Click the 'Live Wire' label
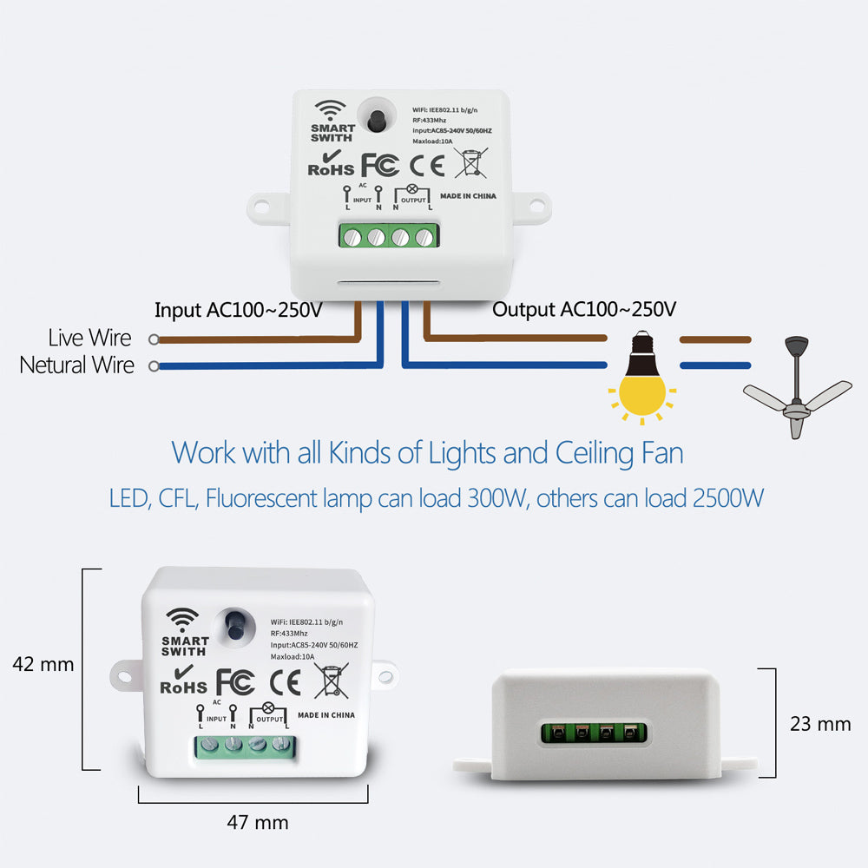pos(90,338)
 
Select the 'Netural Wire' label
pos(77,365)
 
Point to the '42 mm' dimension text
pos(43,665)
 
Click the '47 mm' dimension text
pos(258,822)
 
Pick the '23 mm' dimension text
pos(820,723)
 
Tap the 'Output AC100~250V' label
pos(584,310)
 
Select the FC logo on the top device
pos(379,165)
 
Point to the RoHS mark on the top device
pos(331,162)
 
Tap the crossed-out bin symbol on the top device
pos(470,163)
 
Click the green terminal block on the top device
pos(389,236)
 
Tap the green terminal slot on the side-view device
pos(594,733)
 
